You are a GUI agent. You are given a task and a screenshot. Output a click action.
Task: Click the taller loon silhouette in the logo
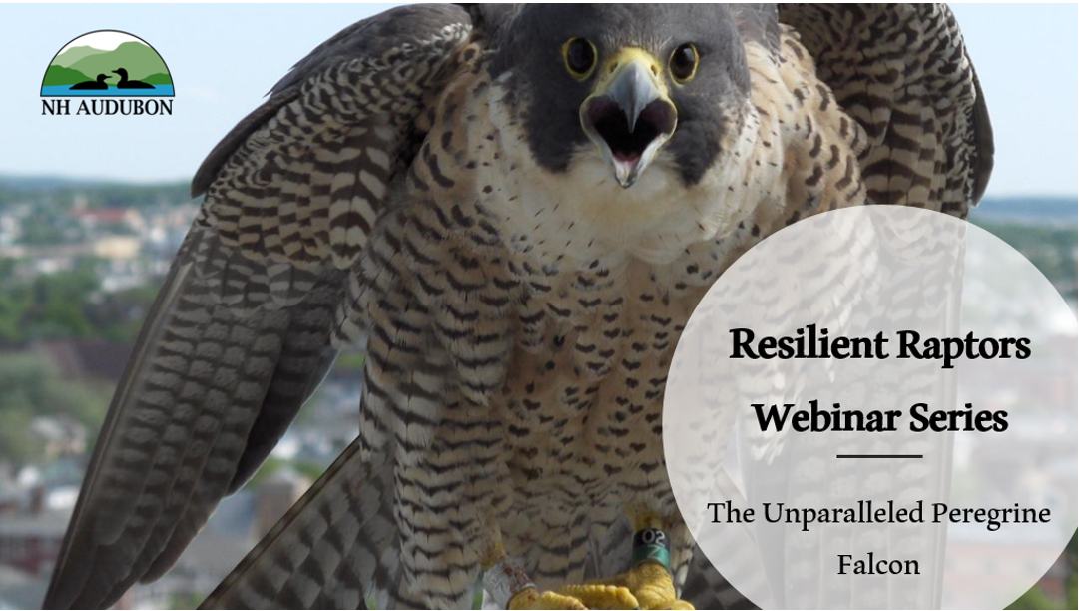[x=131, y=79]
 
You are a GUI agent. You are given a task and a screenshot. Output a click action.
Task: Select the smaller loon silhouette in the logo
[x=90, y=83]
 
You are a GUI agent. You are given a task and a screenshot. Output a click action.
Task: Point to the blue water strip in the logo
[x=108, y=90]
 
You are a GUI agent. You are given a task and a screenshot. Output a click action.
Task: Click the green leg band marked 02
[x=650, y=548]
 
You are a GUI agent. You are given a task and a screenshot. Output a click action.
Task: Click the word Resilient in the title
[x=793, y=345]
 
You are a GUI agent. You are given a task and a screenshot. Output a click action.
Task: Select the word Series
[x=953, y=417]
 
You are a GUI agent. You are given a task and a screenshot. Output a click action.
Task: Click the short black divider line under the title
[x=879, y=456]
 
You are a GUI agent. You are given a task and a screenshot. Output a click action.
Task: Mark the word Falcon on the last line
[x=878, y=564]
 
